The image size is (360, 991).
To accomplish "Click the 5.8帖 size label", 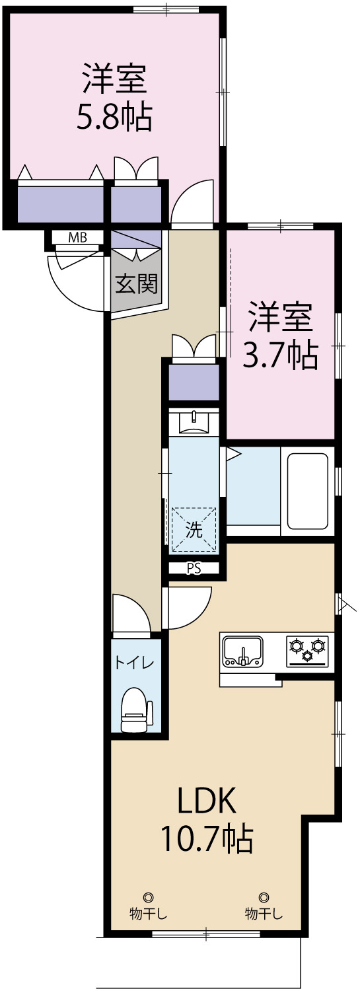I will click(x=114, y=117).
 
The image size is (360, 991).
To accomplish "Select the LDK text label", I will click(x=205, y=802).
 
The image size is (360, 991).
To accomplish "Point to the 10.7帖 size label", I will click(x=205, y=838).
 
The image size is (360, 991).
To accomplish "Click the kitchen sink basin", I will click(x=242, y=650).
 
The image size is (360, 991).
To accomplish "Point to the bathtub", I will click(x=307, y=492).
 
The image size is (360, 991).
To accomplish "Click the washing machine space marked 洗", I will click(x=194, y=529).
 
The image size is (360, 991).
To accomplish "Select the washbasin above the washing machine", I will click(x=194, y=420).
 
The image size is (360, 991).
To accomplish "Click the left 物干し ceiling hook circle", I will click(x=148, y=897).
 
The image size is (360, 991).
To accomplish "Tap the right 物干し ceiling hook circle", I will click(x=264, y=897).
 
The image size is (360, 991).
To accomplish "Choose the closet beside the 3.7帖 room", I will click(x=194, y=382).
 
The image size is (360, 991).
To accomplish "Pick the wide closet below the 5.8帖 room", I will click(x=61, y=204).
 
